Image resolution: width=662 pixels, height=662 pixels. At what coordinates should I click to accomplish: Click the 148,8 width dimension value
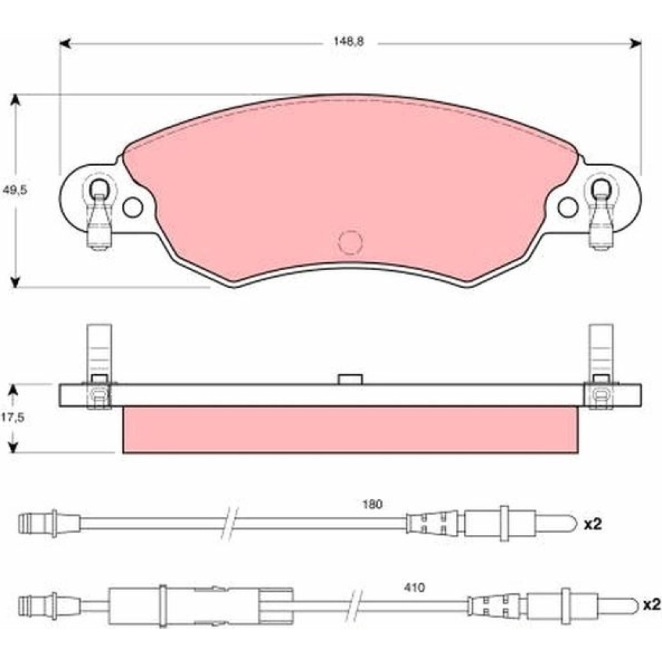click(348, 42)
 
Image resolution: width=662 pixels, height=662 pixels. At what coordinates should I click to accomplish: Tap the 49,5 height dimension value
click(15, 190)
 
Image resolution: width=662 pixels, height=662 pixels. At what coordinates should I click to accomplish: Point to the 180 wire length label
click(372, 504)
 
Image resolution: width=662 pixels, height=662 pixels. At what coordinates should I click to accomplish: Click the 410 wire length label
click(414, 588)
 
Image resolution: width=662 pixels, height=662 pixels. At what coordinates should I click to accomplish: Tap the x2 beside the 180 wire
click(592, 524)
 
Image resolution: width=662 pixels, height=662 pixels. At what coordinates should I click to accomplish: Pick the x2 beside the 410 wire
click(651, 606)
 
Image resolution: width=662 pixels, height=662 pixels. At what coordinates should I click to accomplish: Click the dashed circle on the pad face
click(350, 242)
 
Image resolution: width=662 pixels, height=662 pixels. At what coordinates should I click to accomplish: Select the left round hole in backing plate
click(132, 207)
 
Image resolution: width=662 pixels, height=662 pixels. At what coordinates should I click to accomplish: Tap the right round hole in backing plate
click(568, 207)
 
